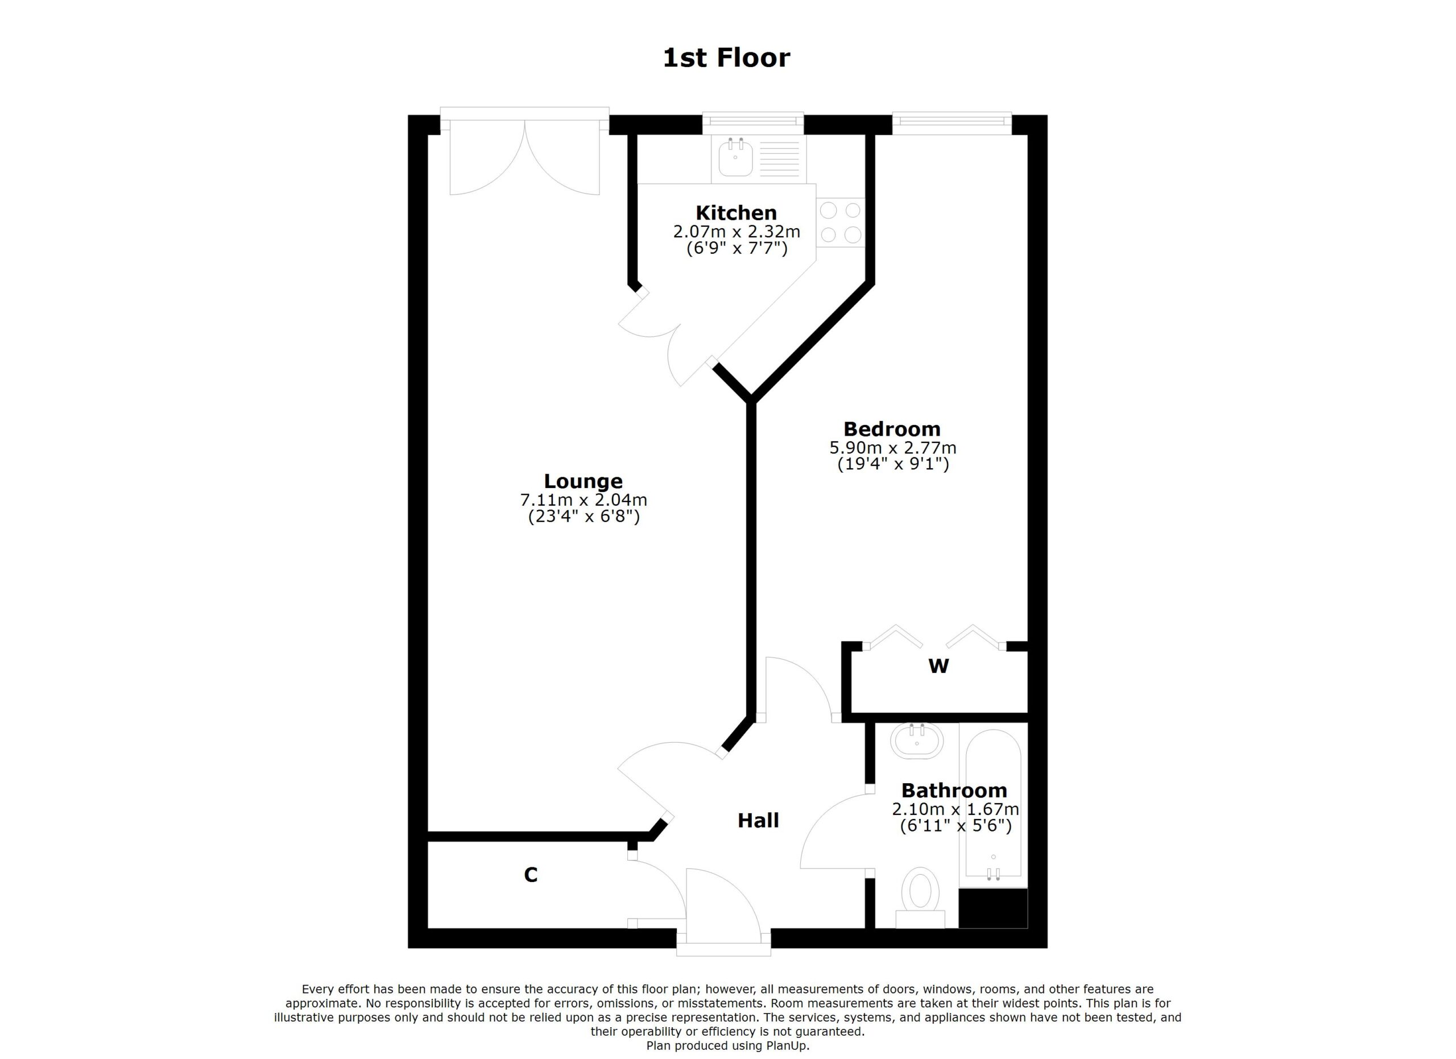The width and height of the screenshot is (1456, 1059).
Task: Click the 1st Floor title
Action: (726, 58)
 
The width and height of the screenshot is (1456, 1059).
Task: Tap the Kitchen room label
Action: (736, 213)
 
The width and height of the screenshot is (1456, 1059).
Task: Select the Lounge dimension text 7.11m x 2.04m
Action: (583, 500)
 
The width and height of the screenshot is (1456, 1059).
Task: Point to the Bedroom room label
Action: (892, 429)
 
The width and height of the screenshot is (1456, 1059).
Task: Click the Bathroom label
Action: (954, 790)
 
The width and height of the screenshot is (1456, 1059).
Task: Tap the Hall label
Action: (758, 820)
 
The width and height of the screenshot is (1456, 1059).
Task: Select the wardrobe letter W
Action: (938, 666)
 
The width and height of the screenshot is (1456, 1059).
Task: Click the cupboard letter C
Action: (530, 875)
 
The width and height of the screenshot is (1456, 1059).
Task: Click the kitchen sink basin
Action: (735, 158)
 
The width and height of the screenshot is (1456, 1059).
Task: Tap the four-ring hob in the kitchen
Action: (841, 223)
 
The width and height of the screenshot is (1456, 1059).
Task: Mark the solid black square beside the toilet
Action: (992, 908)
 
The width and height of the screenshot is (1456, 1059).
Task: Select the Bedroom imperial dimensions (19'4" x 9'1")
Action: (892, 464)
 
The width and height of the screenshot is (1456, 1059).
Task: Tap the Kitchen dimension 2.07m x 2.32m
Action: (736, 231)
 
